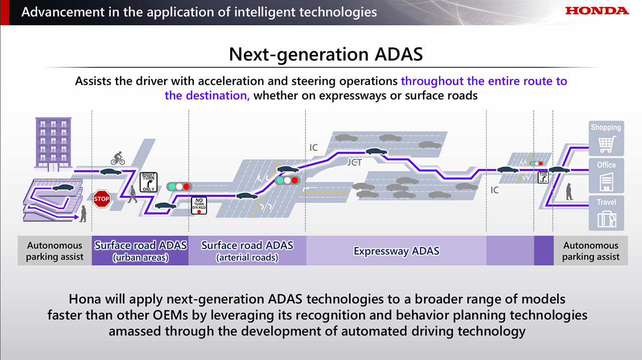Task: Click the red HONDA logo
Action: click(x=597, y=11)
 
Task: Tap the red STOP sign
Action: click(x=102, y=199)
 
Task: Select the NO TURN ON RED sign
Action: click(x=199, y=206)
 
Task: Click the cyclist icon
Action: click(x=118, y=158)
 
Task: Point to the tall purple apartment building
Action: click(x=53, y=144)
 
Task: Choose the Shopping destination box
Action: click(x=606, y=138)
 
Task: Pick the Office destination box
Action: click(x=606, y=175)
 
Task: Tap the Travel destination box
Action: click(x=606, y=213)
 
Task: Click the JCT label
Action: click(x=355, y=162)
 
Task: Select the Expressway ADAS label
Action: click(x=396, y=251)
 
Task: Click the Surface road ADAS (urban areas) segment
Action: click(x=140, y=251)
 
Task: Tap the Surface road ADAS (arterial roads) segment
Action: click(x=247, y=251)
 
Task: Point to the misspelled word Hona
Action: click(x=85, y=299)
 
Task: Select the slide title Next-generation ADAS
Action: click(x=326, y=54)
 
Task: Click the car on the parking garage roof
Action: click(x=63, y=188)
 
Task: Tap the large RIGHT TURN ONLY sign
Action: click(x=148, y=182)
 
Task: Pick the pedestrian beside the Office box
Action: click(x=569, y=192)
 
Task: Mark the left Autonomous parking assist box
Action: click(x=55, y=251)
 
